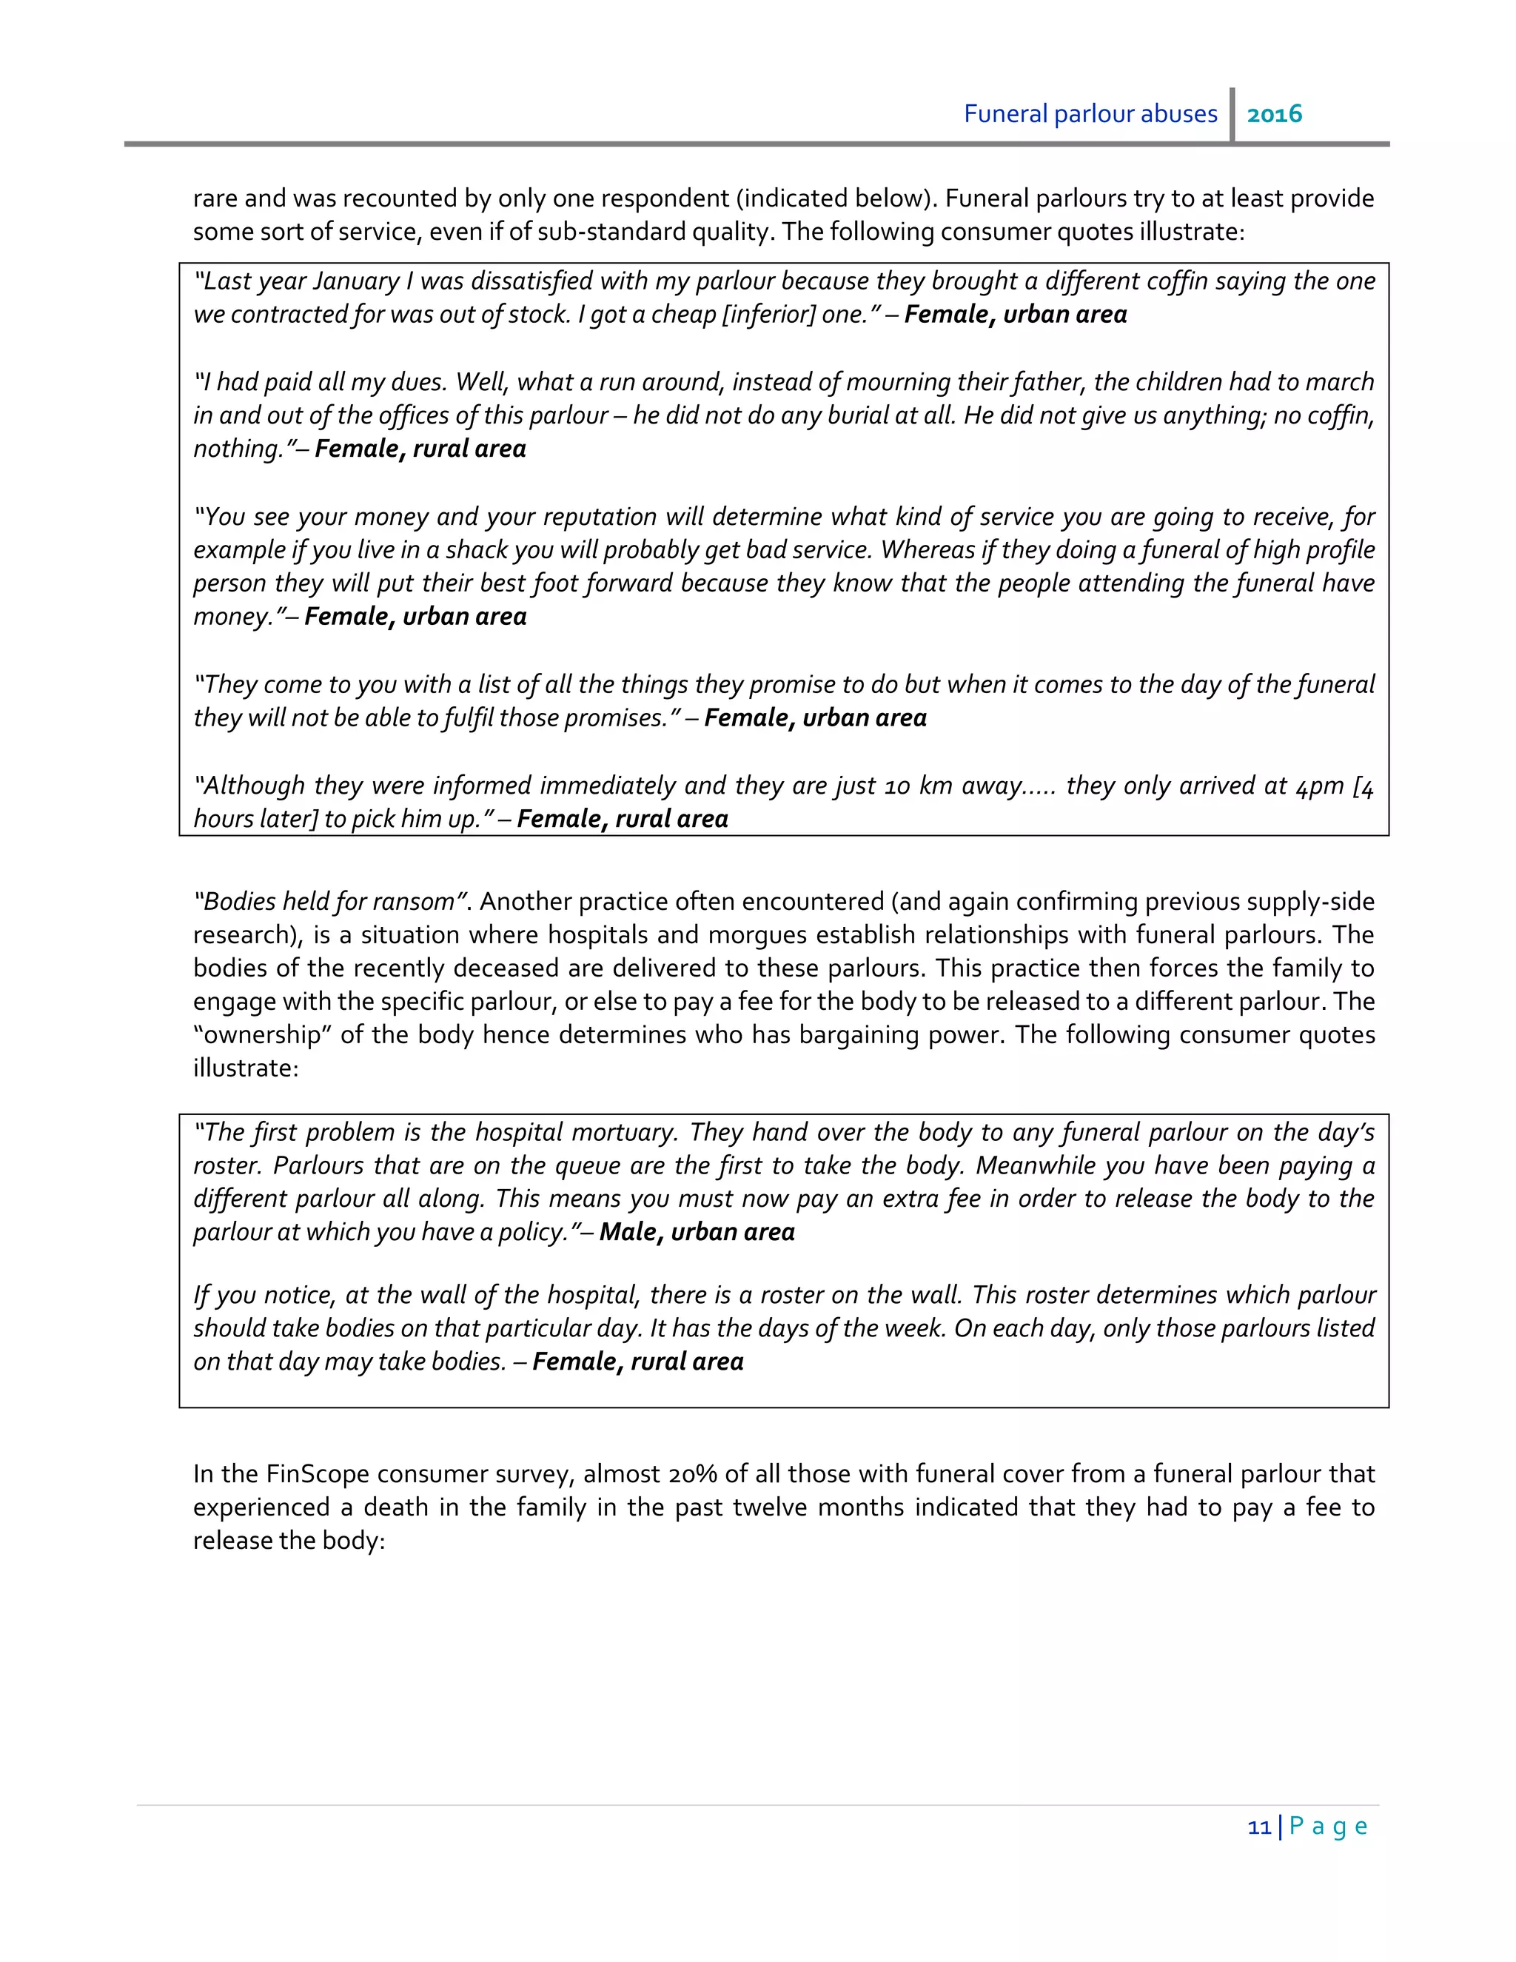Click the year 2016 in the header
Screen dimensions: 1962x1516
1275,114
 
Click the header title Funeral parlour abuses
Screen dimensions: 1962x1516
1090,114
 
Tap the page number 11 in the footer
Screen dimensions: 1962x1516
1259,1827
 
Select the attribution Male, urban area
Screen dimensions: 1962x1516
697,1232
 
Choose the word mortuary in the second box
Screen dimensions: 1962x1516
624,1132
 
